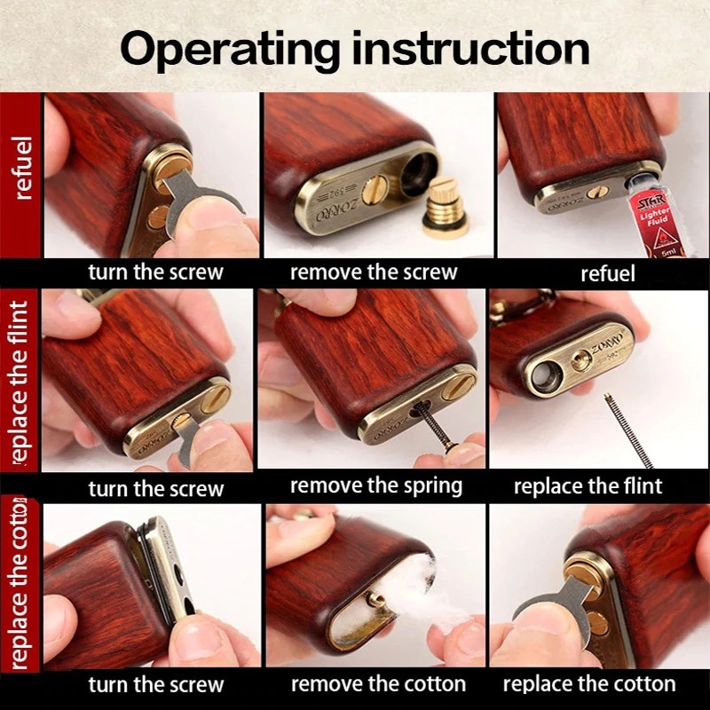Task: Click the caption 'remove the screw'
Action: coord(374,272)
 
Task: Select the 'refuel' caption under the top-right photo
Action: coord(607,273)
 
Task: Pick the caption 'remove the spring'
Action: coord(375,486)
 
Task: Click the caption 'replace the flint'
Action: coord(588,486)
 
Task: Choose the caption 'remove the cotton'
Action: coord(378,684)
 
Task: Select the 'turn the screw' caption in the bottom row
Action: coord(156,684)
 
